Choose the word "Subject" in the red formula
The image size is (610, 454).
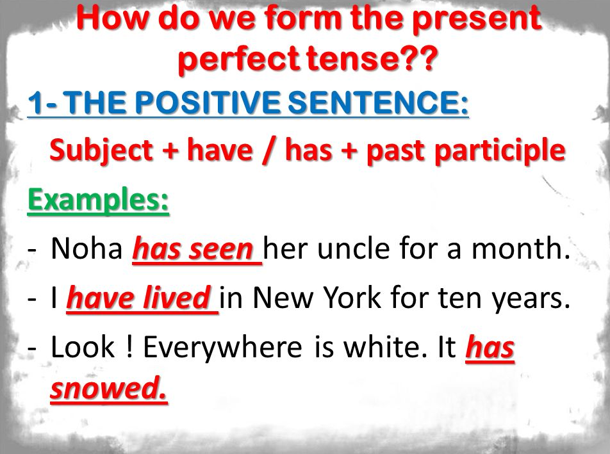101,150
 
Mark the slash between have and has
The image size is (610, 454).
268,151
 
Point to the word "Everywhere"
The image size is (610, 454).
222,348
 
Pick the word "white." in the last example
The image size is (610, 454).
380,347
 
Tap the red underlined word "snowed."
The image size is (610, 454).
108,388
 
